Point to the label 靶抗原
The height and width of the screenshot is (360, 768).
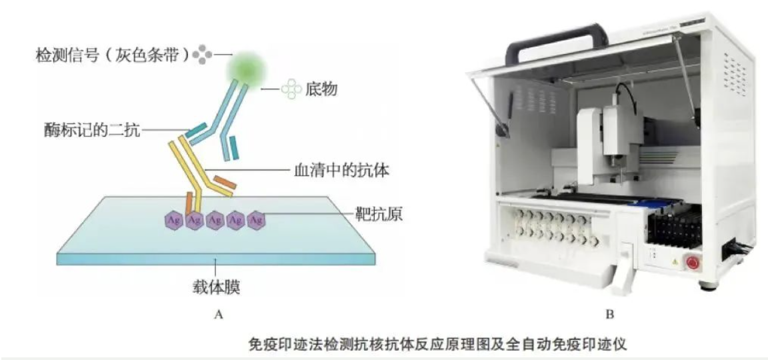tap(379, 215)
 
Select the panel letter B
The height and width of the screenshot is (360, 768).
tap(609, 314)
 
